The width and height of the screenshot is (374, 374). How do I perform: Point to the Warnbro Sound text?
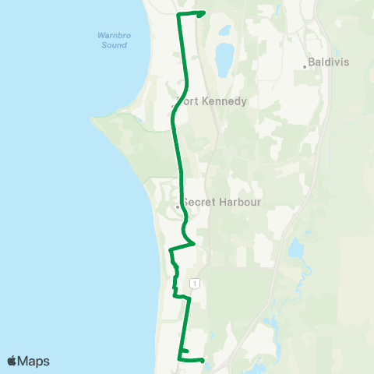[113, 40]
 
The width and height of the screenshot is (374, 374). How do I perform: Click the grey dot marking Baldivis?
[305, 67]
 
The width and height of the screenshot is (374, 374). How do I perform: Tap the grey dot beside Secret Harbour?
[178, 207]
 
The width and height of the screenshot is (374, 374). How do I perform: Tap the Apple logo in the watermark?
[12, 361]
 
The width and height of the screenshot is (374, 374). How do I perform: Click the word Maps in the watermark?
[35, 361]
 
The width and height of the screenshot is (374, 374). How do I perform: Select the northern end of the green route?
[203, 12]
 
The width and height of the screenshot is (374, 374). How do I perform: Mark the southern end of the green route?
[203, 360]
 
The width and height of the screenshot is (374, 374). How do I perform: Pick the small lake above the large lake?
[225, 32]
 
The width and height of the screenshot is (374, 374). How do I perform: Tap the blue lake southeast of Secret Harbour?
[295, 249]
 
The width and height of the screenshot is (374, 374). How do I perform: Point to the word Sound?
[113, 45]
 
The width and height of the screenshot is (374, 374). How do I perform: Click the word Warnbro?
[113, 35]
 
